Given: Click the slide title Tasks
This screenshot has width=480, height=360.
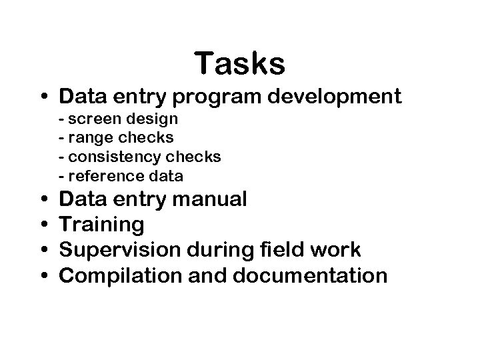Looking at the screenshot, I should pos(240,64).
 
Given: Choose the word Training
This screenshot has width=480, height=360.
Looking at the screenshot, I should pos(101,225).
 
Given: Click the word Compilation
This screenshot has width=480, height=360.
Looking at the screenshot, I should pos(114,276).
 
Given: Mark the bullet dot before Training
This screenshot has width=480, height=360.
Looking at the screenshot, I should pos(42,225).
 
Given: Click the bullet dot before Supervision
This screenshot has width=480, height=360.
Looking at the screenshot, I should pos(42,250).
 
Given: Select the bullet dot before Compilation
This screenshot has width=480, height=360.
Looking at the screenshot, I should pos(42,275).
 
